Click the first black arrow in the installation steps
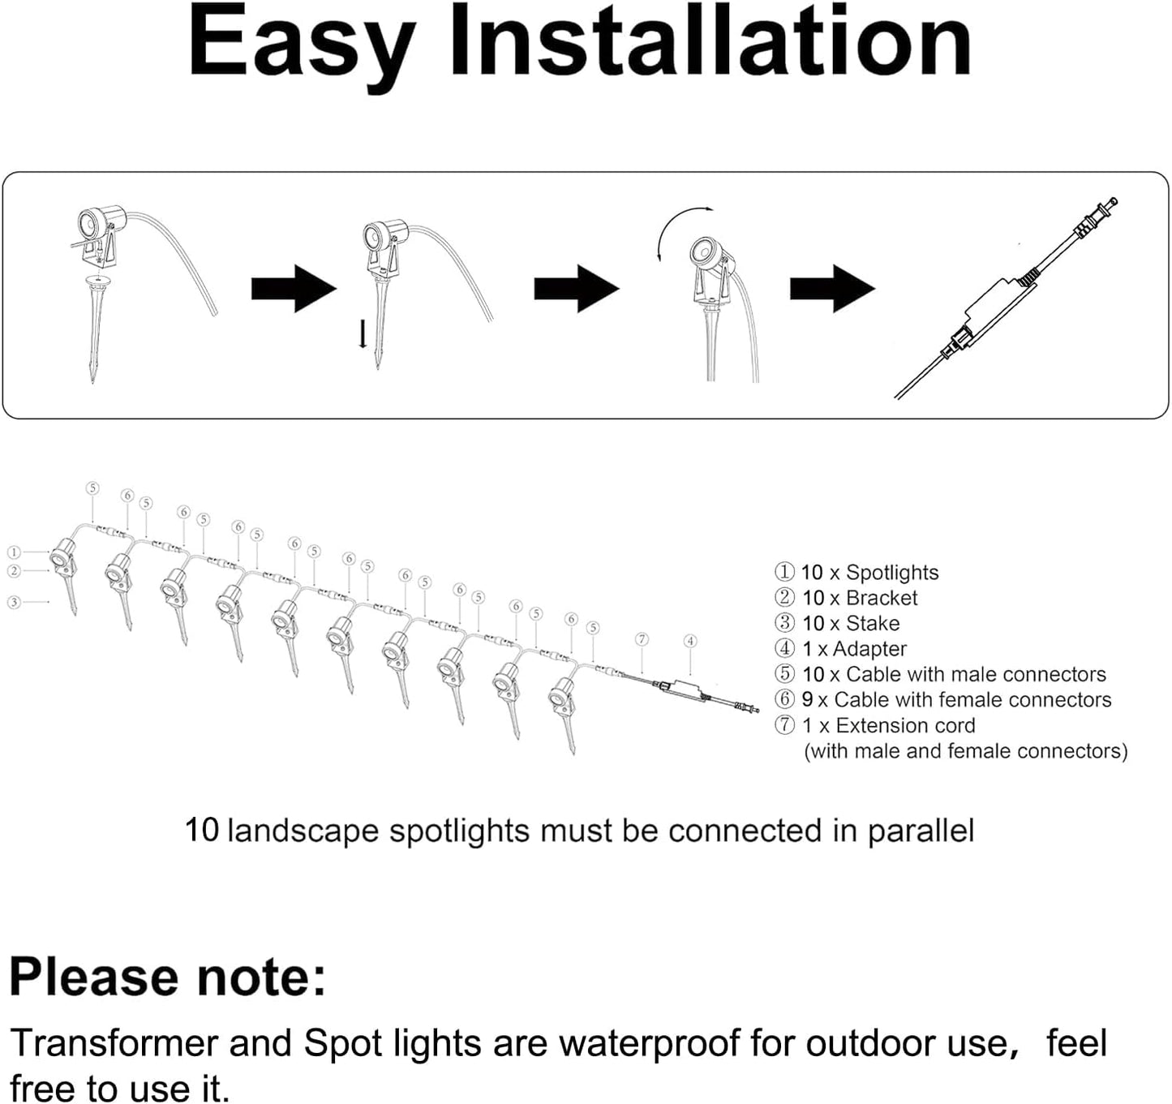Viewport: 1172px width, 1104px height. click(x=293, y=288)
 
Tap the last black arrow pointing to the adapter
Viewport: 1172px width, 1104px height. click(x=831, y=288)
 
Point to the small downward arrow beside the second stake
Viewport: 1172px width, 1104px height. click(x=363, y=333)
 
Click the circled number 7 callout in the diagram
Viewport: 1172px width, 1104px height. click(x=642, y=639)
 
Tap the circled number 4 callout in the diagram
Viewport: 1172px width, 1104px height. click(x=689, y=641)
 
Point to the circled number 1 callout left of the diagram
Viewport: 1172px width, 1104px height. click(x=14, y=552)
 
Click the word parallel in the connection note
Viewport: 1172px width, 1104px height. click(x=921, y=831)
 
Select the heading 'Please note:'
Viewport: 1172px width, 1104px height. click(x=168, y=977)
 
